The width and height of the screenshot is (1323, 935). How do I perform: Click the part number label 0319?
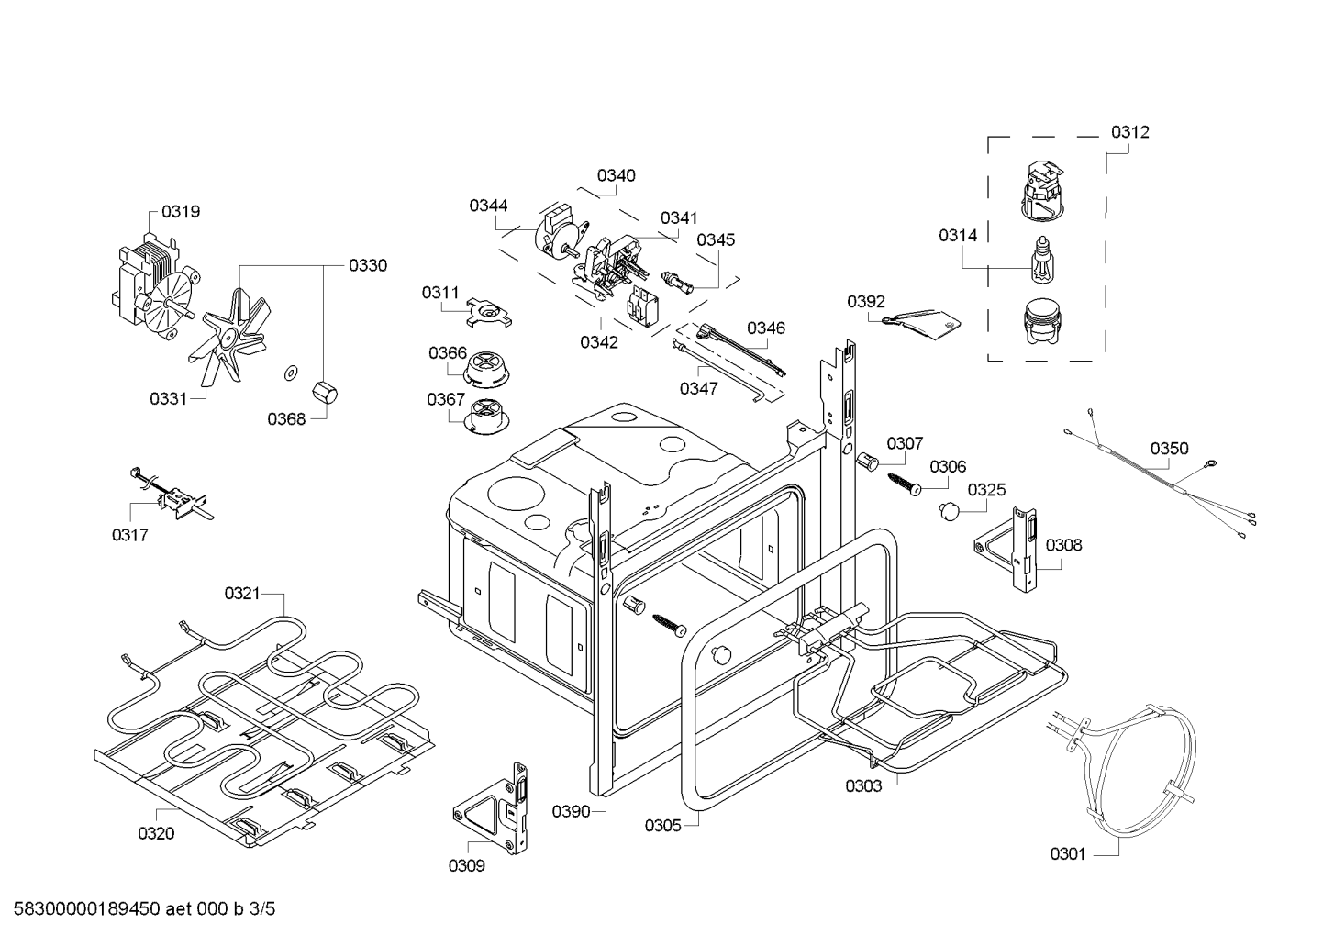pyautogui.click(x=181, y=212)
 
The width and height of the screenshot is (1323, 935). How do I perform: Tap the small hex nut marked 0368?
pyautogui.click(x=325, y=393)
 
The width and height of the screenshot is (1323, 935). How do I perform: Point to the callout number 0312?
pyautogui.click(x=1129, y=132)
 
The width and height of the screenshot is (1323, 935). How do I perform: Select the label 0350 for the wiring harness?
pyautogui.click(x=1169, y=449)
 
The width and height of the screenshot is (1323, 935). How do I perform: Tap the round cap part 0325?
pyautogui.click(x=948, y=511)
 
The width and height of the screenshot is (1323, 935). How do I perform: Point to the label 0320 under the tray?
pyautogui.click(x=156, y=833)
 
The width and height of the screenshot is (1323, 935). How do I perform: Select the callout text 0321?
pyautogui.click(x=242, y=594)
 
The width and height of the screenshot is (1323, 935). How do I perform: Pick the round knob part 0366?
pyautogui.click(x=488, y=371)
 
